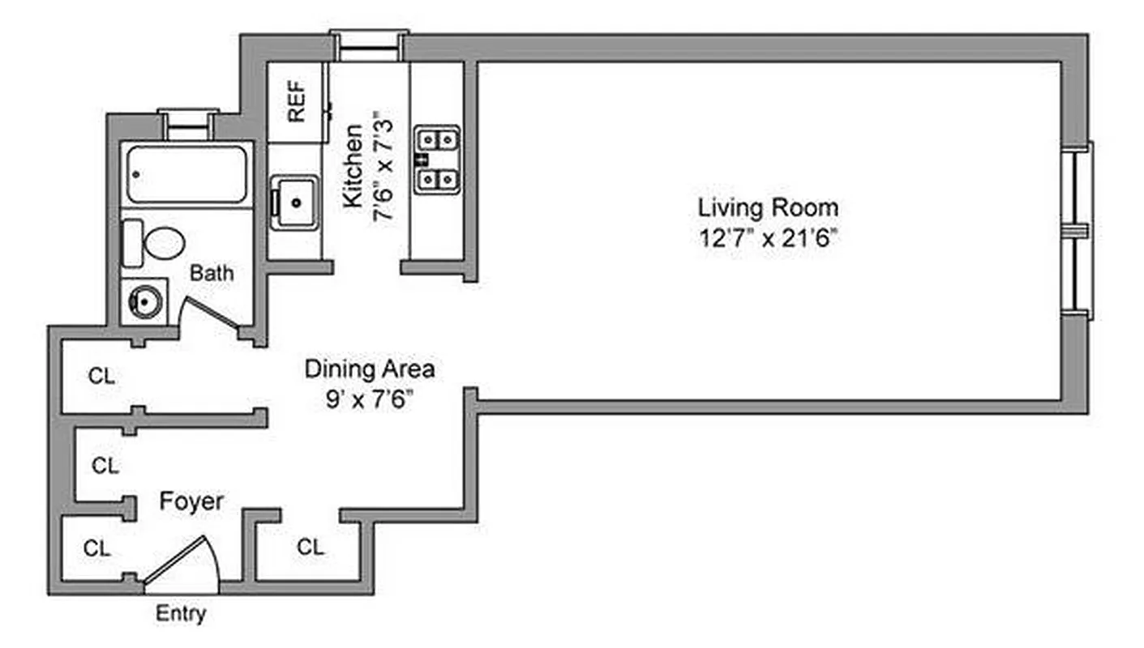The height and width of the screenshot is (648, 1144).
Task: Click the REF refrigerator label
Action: point(297,102)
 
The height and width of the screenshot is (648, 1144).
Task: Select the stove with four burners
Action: point(438,160)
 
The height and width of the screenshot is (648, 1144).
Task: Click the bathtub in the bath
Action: point(186,173)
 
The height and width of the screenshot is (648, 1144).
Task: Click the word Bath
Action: point(212,273)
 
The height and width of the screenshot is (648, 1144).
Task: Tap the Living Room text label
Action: point(768,207)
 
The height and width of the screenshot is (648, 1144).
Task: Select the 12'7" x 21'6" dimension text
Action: point(768,240)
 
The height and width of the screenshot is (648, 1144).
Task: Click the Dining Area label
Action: point(369,369)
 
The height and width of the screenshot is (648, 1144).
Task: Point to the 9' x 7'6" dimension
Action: point(369,399)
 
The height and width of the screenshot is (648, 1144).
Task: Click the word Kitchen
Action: point(353,165)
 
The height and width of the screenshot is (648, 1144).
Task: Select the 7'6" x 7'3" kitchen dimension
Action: point(383,171)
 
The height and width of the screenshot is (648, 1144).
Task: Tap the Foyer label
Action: point(191,501)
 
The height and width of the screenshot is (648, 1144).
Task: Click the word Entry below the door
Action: point(181,614)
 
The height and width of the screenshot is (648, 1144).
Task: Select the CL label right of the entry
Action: point(310,548)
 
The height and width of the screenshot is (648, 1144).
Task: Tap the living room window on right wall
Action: point(1078,230)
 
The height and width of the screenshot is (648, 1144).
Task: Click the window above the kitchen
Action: point(369,45)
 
